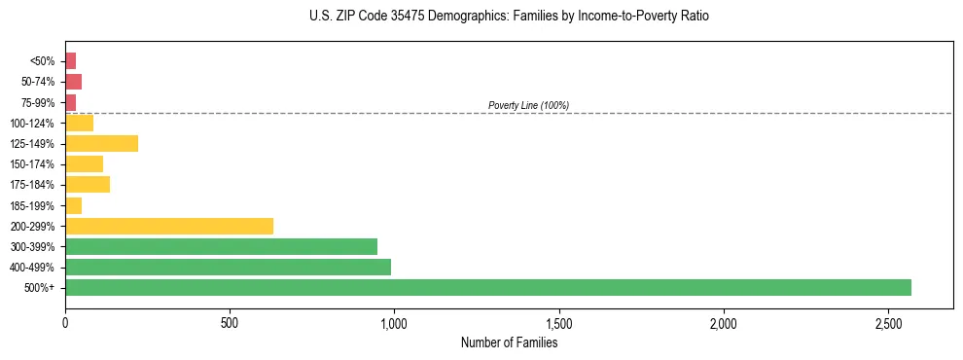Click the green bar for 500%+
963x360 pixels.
click(x=487, y=287)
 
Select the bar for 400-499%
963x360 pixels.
click(x=228, y=267)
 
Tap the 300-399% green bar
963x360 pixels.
click(x=221, y=246)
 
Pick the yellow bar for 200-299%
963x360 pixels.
click(x=168, y=226)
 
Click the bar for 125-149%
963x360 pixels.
click(x=101, y=143)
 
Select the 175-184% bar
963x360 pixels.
click(x=88, y=184)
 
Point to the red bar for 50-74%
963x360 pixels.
click(x=73, y=82)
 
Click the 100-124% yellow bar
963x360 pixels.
click(x=79, y=123)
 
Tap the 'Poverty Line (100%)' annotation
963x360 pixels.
click(x=528, y=105)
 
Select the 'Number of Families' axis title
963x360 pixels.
click(x=509, y=342)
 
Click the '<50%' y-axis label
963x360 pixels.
click(x=43, y=61)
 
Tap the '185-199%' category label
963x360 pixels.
click(x=32, y=205)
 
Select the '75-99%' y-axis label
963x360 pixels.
click(x=37, y=102)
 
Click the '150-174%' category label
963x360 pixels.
click(x=32, y=164)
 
